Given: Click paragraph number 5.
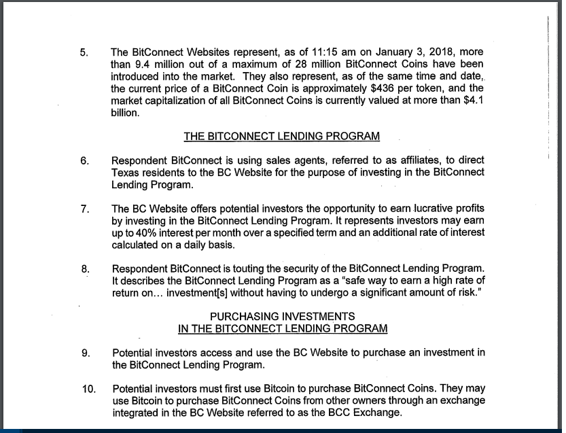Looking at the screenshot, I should (84, 52).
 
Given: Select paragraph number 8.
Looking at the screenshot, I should (84, 269).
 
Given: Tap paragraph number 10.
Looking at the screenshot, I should (86, 388).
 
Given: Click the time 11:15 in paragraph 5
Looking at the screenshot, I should (328, 52).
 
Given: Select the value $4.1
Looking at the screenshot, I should (473, 101).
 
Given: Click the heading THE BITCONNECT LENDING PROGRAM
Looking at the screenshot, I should (281, 137).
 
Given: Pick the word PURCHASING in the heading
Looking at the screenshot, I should (237, 316).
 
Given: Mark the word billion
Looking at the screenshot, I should (126, 113).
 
